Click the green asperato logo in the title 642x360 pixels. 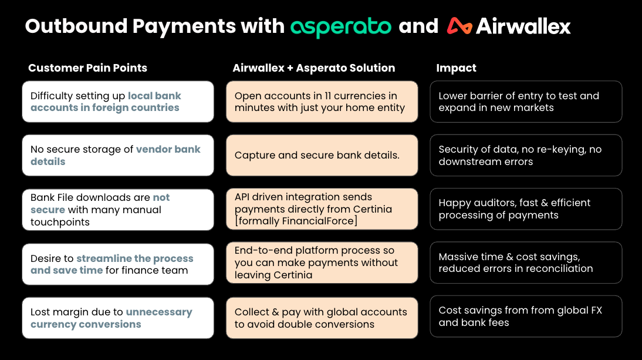[x=340, y=27]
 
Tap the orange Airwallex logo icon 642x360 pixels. [x=459, y=26]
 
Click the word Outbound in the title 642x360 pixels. [x=76, y=26]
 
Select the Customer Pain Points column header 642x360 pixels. [x=87, y=68]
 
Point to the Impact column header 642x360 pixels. [x=456, y=68]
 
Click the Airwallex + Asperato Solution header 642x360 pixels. [x=313, y=68]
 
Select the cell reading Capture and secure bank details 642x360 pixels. [x=322, y=155]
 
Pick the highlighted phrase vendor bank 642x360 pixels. [x=168, y=149]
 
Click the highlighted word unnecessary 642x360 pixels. [x=159, y=312]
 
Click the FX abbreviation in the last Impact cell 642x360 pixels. [x=597, y=311]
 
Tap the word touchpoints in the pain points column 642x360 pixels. [x=60, y=222]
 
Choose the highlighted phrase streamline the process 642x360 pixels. [x=135, y=258]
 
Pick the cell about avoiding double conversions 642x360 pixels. [x=322, y=318]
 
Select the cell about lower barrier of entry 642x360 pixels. [x=526, y=102]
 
